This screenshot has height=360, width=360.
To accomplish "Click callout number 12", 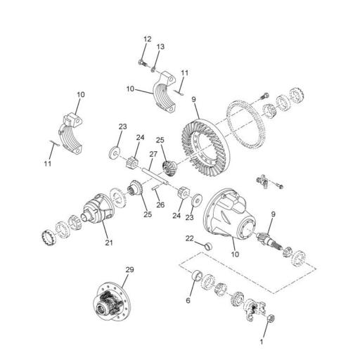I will [148, 39].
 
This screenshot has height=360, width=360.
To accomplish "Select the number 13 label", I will [160, 46].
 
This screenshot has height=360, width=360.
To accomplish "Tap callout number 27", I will [153, 154].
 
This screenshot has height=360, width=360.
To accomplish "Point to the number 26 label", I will [160, 205].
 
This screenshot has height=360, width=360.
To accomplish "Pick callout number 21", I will [109, 243].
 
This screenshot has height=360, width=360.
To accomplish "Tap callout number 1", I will [263, 342].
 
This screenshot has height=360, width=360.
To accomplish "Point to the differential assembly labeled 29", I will [112, 302].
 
